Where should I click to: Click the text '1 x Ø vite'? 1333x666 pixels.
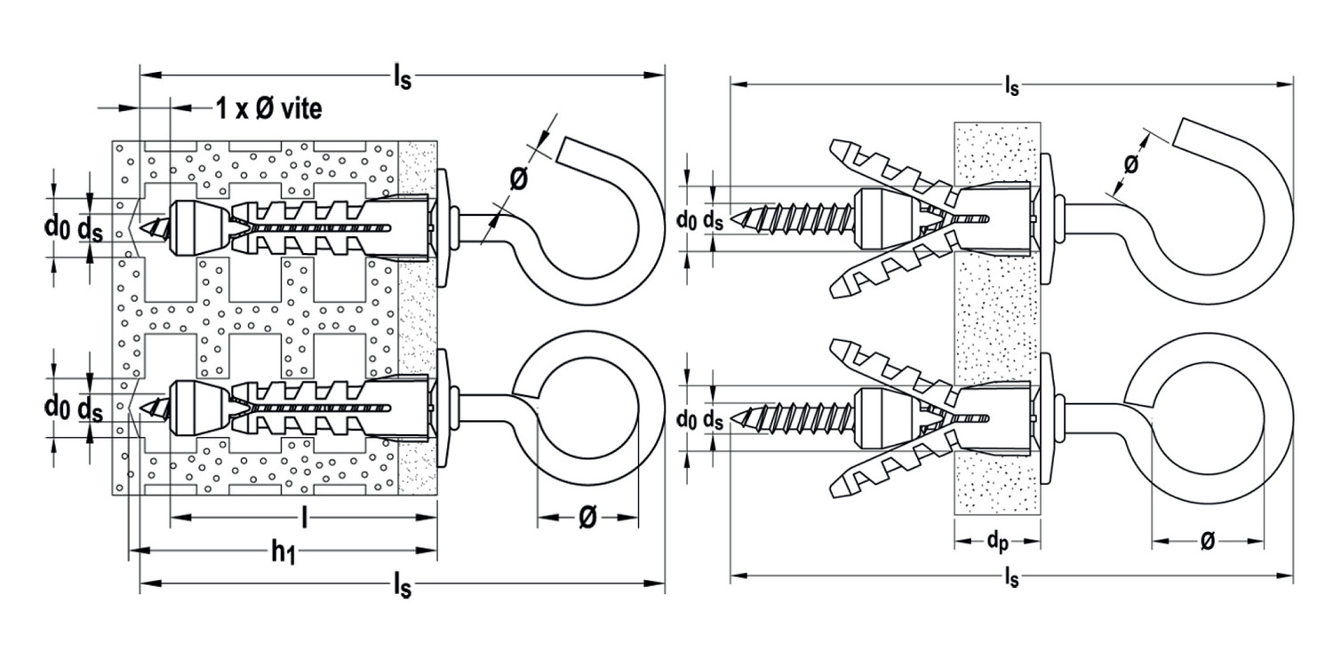[269, 109]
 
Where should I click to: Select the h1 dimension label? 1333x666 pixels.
[283, 553]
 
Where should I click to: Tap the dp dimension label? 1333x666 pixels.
[997, 543]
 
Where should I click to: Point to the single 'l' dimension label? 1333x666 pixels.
[305, 518]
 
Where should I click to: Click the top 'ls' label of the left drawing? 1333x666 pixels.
[403, 77]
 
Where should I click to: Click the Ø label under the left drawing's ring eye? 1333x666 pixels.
[587, 518]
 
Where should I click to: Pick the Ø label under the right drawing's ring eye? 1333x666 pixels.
[1208, 541]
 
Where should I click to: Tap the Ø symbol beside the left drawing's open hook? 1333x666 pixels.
[519, 178]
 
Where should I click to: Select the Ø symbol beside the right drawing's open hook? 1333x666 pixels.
[1131, 163]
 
